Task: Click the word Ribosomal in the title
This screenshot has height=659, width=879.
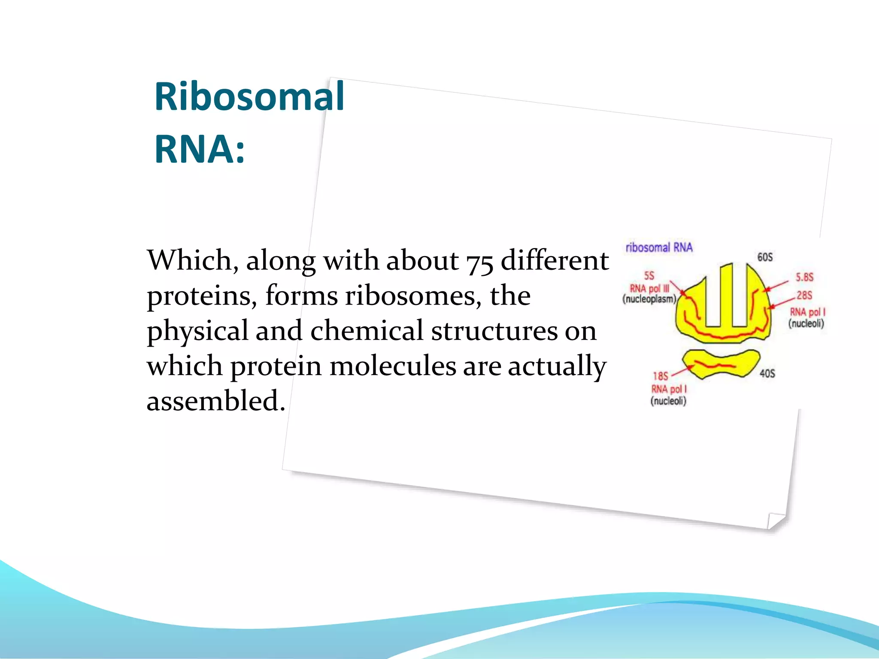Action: [x=249, y=97]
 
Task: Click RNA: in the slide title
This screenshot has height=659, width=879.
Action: [x=200, y=149]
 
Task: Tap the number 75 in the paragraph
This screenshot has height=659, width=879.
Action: [x=479, y=261]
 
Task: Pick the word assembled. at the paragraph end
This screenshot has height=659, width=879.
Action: [x=216, y=401]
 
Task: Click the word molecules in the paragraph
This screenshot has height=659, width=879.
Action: [x=393, y=366]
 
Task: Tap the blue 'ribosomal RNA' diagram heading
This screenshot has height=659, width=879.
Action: [x=659, y=248]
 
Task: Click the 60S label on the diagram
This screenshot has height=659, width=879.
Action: [x=765, y=257]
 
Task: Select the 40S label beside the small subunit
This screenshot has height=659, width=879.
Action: [x=767, y=374]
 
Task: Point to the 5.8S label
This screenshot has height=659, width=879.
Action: [x=804, y=277]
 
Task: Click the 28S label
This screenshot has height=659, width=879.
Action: [x=804, y=295]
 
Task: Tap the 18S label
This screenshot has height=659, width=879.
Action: [x=661, y=376]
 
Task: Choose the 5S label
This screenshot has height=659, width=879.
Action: [x=649, y=275]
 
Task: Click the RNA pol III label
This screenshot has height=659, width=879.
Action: [x=649, y=289]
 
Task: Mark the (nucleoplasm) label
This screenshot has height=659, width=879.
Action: [x=649, y=299]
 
